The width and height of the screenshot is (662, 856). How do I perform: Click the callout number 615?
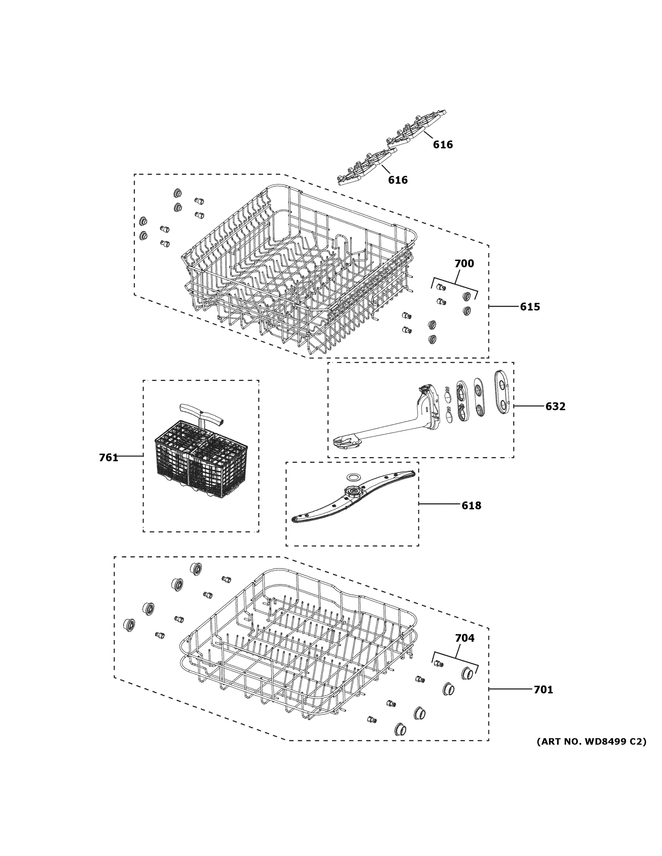(530, 306)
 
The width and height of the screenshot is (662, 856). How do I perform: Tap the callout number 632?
(555, 407)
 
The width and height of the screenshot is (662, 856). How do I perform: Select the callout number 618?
(471, 506)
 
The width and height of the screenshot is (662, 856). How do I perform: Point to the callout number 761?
(108, 457)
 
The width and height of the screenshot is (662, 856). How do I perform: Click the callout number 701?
(543, 689)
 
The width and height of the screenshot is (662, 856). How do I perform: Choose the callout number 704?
(464, 638)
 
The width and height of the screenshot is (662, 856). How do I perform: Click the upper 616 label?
(443, 144)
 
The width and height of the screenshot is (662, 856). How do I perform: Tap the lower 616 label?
(398, 180)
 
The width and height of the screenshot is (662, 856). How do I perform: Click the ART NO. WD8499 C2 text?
(591, 742)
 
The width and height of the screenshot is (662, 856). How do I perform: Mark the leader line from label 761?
(130, 456)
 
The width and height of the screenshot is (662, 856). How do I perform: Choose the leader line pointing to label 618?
(439, 504)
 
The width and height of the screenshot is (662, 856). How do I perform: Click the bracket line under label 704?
(456, 658)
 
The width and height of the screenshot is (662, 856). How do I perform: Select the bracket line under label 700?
(455, 284)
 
